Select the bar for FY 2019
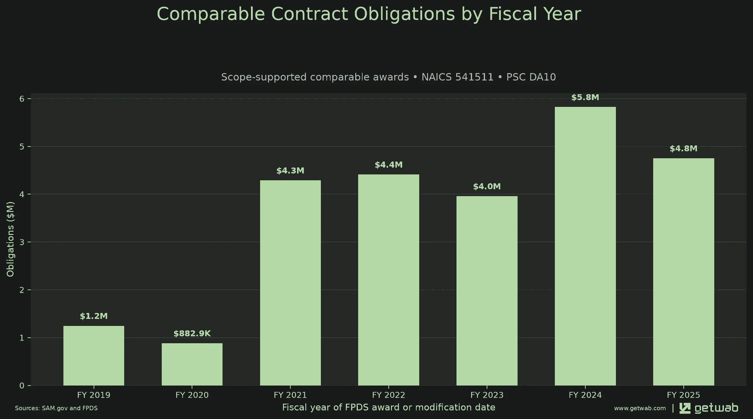94,356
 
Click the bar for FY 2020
192,364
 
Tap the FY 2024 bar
585,246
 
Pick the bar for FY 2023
487,291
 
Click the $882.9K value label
192,334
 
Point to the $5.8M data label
585,97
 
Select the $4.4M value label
388,165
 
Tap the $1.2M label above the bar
94,316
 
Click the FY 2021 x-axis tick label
290,395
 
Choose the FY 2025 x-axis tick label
683,395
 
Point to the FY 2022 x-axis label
388,395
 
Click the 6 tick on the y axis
22,99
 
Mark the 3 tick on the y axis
22,242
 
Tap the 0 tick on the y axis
22,386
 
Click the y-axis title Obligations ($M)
10,239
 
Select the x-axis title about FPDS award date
389,408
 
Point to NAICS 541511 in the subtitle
457,77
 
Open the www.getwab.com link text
640,408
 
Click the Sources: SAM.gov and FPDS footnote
56,408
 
